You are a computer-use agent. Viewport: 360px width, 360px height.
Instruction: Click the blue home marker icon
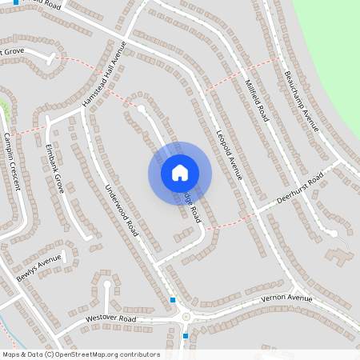pos(180,172)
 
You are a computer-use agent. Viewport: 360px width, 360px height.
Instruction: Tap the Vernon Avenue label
pos(286,299)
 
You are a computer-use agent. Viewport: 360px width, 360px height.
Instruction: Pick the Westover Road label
pos(111,318)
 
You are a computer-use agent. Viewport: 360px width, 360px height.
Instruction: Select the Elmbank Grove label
pos(54,164)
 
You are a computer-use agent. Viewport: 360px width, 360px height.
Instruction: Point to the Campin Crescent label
pos(12,161)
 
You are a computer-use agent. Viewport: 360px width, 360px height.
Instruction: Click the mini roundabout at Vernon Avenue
pos(186,317)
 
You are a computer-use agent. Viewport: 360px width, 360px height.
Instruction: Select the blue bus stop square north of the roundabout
pos(173,300)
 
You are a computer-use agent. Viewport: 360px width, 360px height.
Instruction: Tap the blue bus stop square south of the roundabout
pos(186,336)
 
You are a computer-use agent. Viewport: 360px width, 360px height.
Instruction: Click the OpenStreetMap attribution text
pos(81,354)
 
